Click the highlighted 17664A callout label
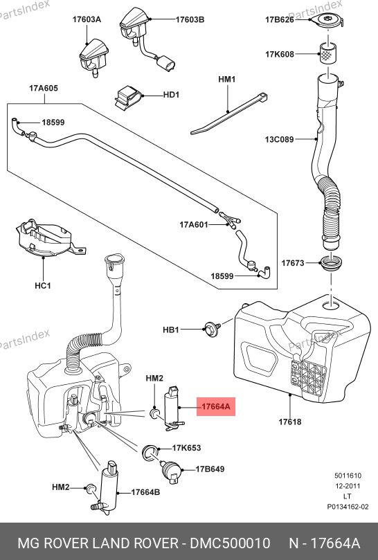(x=216, y=406)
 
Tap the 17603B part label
(x=190, y=19)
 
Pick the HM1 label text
(x=227, y=79)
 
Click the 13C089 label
(x=280, y=139)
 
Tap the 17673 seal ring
(x=332, y=264)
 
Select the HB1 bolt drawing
(x=213, y=328)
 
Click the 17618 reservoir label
(x=290, y=422)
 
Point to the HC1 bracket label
(x=43, y=286)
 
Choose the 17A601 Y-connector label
(x=194, y=225)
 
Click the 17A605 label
(x=44, y=88)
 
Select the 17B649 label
(x=210, y=469)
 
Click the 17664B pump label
(x=146, y=492)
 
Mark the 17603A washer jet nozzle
(x=93, y=57)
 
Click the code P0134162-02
(x=348, y=507)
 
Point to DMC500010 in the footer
(x=230, y=543)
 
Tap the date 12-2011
(x=348, y=486)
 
